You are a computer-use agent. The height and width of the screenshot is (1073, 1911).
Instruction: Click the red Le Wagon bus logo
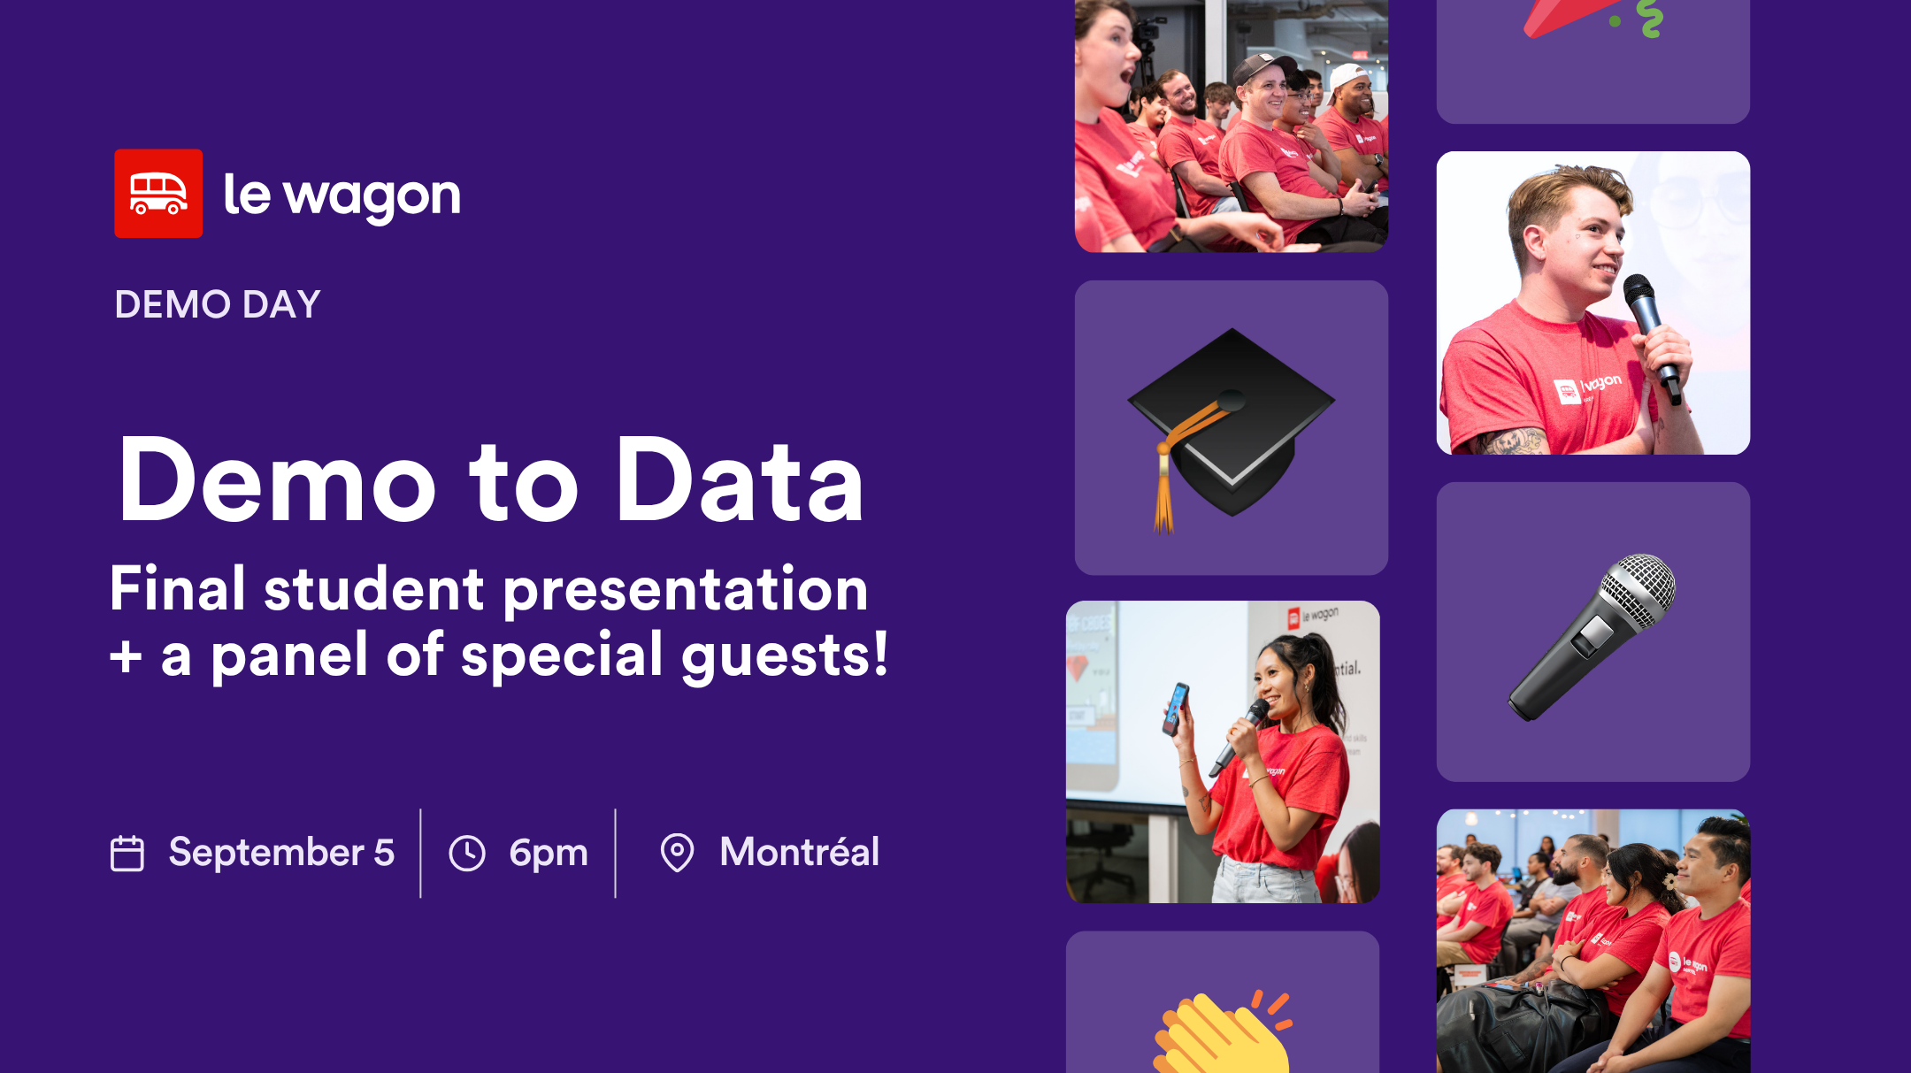158,194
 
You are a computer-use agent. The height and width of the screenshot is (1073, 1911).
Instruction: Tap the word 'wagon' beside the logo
372,196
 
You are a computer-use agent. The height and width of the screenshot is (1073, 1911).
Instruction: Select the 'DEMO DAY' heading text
218,304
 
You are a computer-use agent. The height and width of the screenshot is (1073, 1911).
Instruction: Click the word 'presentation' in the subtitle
686,590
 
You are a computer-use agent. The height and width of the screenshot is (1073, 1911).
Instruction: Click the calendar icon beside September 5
127,854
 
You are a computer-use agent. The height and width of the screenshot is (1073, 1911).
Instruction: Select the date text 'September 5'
281,853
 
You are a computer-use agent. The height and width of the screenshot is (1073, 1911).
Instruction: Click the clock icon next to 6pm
467,854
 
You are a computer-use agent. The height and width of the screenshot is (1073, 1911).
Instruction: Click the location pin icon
677,853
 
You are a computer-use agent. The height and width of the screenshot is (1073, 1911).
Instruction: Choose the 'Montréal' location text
800,853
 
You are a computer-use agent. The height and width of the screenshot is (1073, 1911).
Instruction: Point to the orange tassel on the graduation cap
1163,495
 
